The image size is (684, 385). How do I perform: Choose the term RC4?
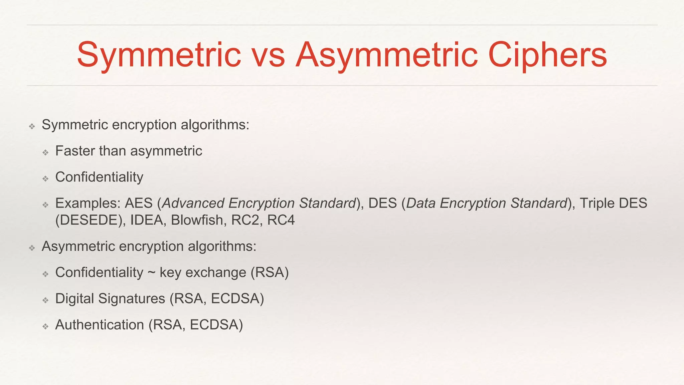pyautogui.click(x=281, y=220)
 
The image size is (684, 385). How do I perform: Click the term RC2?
pyautogui.click(x=245, y=220)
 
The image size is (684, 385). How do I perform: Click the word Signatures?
pyautogui.click(x=132, y=299)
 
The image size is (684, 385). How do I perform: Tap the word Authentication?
pyautogui.click(x=100, y=325)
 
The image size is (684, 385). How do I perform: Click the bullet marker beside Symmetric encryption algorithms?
pyautogui.click(x=32, y=126)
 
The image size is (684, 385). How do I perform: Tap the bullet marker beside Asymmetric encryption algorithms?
pyautogui.click(x=32, y=248)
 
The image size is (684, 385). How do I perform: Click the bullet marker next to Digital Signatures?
pyautogui.click(x=46, y=300)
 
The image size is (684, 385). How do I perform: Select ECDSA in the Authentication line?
pyautogui.click(x=216, y=325)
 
